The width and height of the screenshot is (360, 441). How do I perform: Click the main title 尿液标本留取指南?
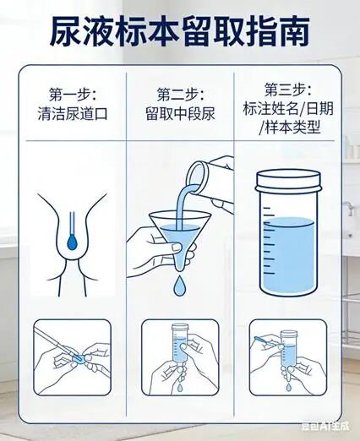tap(180, 31)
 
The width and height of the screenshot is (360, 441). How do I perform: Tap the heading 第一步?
tap(73, 95)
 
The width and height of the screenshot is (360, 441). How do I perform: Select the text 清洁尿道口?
tap(73, 113)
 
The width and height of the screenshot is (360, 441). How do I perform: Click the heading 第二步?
tap(181, 95)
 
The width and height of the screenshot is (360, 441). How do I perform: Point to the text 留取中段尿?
tap(181, 113)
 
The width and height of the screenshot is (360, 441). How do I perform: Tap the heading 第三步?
tap(288, 90)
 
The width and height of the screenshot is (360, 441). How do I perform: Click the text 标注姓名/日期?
tap(288, 109)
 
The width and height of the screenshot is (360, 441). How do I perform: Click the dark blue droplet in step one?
tap(73, 242)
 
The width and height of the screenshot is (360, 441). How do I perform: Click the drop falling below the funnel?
tap(178, 286)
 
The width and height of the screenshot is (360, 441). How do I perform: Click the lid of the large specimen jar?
tap(289, 181)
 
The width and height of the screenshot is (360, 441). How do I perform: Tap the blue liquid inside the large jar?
tap(289, 255)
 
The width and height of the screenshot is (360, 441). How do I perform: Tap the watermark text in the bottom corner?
tap(325, 427)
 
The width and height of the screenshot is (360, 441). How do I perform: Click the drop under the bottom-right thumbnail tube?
tap(288, 386)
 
